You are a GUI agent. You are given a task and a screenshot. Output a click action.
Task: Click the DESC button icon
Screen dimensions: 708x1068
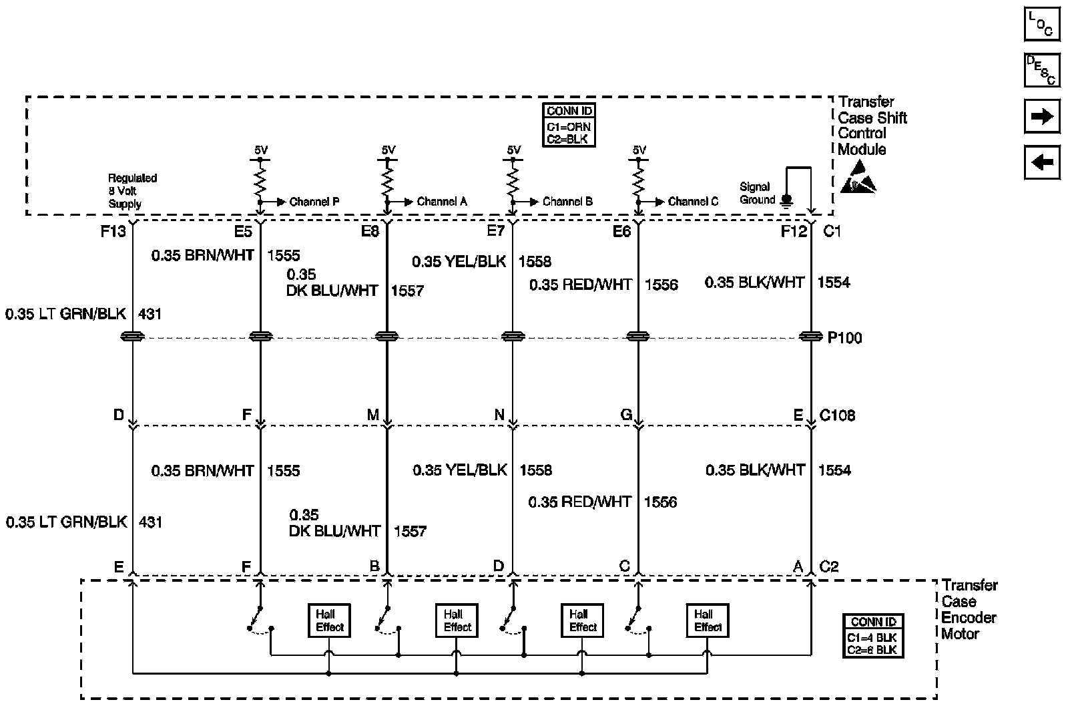tap(1042, 69)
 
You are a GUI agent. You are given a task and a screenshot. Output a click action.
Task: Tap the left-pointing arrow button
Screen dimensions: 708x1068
tap(1042, 162)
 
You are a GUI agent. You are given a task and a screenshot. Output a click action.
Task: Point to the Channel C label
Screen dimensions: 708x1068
tap(693, 202)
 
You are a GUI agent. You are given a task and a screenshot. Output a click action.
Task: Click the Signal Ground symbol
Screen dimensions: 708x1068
tap(786, 200)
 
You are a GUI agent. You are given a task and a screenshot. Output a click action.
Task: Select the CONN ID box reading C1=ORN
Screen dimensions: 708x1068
tap(569, 125)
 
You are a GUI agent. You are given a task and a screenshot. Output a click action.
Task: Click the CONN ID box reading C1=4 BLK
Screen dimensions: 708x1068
tap(873, 636)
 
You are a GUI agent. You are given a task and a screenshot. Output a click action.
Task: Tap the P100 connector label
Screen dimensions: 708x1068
tap(844, 338)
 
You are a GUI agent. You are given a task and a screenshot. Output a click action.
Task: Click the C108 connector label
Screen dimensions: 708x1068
tap(837, 415)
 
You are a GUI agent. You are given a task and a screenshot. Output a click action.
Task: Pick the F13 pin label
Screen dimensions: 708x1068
tap(110, 232)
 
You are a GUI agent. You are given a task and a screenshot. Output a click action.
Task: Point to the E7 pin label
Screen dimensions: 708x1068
tap(495, 231)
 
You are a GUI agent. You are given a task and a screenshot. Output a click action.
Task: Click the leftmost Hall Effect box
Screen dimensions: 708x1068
tap(329, 621)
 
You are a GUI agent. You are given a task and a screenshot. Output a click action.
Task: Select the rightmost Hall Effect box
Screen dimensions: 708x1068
tap(708, 621)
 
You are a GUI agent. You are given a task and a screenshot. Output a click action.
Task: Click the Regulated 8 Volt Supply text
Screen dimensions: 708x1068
tap(132, 190)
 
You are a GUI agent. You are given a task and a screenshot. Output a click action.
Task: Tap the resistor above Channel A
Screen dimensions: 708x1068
tap(387, 179)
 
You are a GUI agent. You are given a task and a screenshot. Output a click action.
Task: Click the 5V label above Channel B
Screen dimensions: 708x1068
tap(513, 150)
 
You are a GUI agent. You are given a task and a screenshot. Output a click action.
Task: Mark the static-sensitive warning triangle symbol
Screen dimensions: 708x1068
tap(856, 177)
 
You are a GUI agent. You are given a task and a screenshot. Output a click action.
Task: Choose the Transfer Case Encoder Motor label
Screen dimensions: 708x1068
tap(969, 609)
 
